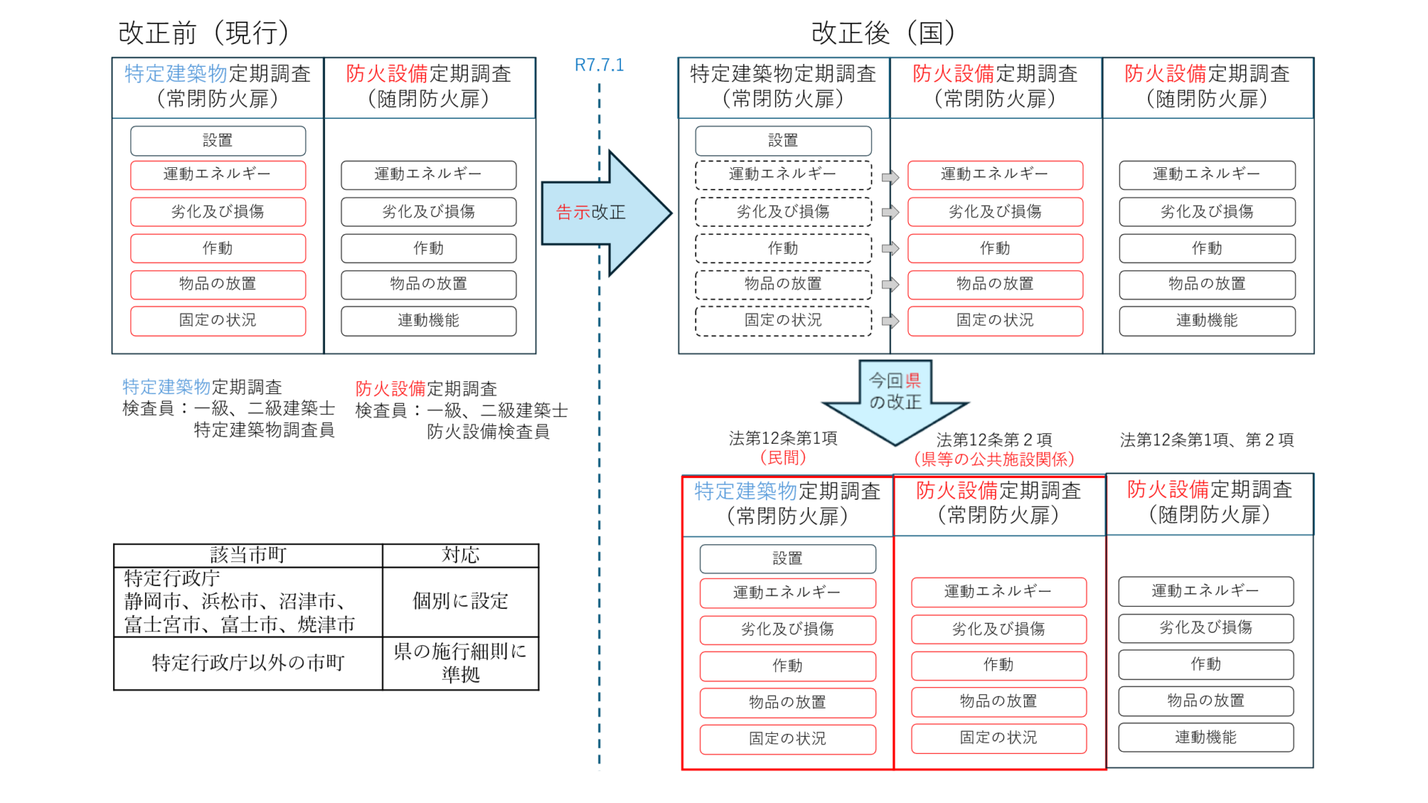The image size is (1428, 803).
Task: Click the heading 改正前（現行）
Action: click(204, 33)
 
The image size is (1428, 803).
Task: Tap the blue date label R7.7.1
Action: click(599, 65)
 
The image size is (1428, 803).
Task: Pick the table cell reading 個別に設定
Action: click(460, 601)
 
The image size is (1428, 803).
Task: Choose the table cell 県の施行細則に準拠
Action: click(460, 662)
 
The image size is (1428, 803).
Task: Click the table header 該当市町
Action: click(248, 555)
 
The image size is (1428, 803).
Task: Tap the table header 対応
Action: click(460, 555)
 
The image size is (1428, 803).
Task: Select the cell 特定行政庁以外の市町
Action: click(248, 662)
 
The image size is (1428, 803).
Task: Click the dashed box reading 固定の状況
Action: click(783, 320)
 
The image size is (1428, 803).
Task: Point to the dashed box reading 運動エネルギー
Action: click(783, 175)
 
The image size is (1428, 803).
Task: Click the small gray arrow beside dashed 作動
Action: click(890, 248)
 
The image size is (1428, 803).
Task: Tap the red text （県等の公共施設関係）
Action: click(994, 459)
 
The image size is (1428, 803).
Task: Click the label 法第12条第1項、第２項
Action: click(1206, 440)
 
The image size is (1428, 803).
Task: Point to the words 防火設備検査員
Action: click(488, 432)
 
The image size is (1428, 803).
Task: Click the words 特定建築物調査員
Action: click(264, 430)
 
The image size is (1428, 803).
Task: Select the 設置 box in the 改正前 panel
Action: click(218, 141)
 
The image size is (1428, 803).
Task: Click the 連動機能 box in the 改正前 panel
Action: click(428, 320)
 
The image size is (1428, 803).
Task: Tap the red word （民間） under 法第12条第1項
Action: click(782, 458)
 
